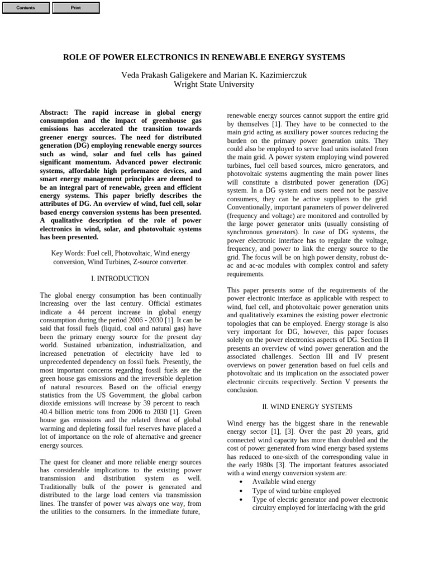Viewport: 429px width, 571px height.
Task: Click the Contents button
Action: click(26, 8)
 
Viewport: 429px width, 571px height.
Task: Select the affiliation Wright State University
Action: click(214, 85)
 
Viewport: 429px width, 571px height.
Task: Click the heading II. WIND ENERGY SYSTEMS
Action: click(307, 407)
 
